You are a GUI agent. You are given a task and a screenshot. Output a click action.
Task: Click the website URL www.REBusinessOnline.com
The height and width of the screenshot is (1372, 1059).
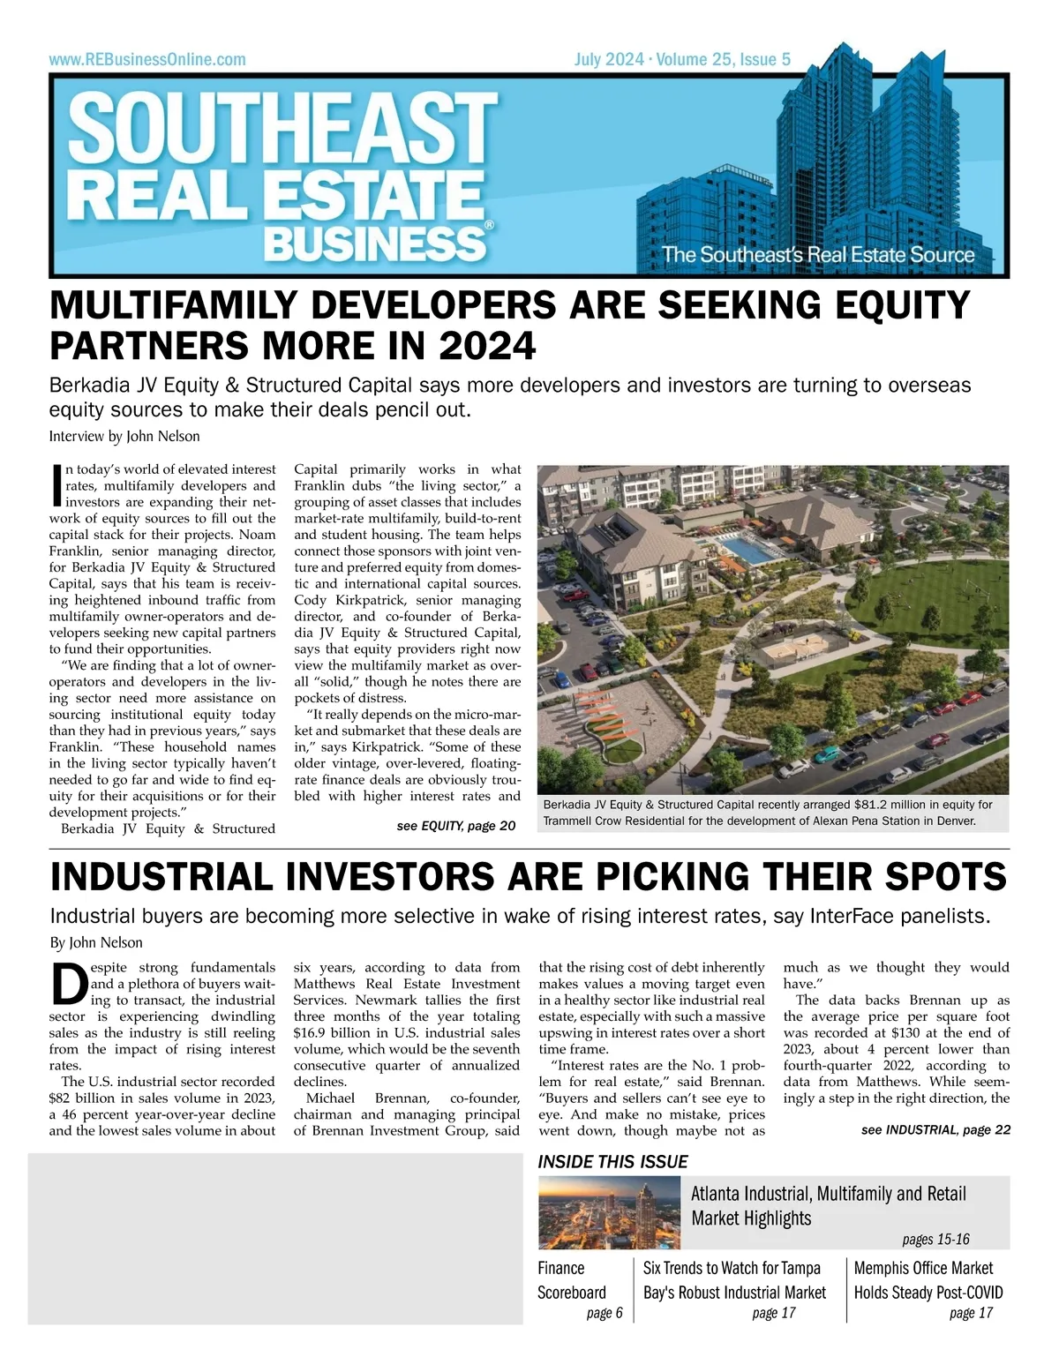tap(147, 60)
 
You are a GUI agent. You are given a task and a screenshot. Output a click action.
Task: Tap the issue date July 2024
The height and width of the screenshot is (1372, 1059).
tap(609, 60)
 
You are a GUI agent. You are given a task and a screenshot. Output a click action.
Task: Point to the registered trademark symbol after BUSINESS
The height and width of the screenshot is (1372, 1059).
tap(490, 226)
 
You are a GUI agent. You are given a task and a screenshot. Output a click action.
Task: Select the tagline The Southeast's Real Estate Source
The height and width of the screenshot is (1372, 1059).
tap(818, 255)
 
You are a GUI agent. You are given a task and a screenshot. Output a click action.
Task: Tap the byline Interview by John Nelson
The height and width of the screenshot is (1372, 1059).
tap(124, 436)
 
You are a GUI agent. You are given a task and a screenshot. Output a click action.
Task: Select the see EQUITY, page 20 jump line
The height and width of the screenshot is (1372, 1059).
tap(455, 826)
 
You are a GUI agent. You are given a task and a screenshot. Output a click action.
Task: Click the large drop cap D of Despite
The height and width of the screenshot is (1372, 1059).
tap(69, 984)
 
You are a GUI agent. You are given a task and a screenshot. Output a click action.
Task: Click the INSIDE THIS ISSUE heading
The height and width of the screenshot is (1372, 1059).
tap(613, 1162)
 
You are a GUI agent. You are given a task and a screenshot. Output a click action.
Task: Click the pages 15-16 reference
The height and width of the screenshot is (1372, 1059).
tap(935, 1240)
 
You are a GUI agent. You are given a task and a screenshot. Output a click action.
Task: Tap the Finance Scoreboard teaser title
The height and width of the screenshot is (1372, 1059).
tap(572, 1280)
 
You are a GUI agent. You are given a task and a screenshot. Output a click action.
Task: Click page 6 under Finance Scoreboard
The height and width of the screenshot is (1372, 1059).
tap(605, 1313)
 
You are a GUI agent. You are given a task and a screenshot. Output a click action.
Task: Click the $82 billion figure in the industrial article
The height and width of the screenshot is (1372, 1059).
tap(85, 1098)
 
